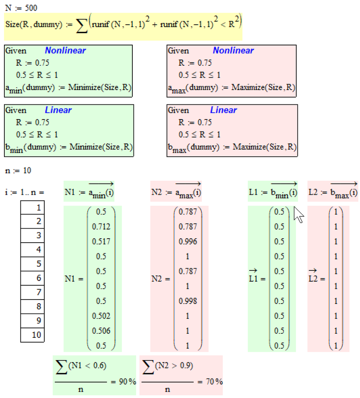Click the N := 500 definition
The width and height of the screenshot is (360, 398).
[22, 8]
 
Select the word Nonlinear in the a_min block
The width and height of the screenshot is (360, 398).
[65, 51]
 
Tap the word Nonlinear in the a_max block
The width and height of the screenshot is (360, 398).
[233, 51]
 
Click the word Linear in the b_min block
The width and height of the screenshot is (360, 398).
[58, 110]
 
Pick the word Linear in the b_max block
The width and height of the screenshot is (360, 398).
[224, 110]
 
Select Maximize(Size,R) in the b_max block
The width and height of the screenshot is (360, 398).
[264, 147]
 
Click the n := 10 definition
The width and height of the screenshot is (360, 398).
[18, 171]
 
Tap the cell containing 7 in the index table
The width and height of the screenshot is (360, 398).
[33, 292]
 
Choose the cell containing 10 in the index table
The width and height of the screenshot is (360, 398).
[33, 335]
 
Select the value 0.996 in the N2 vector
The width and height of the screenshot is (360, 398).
[188, 241]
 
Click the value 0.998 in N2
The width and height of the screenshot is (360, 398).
[188, 301]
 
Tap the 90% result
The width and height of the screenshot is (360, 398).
[128, 382]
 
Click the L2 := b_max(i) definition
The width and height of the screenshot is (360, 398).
[328, 192]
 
